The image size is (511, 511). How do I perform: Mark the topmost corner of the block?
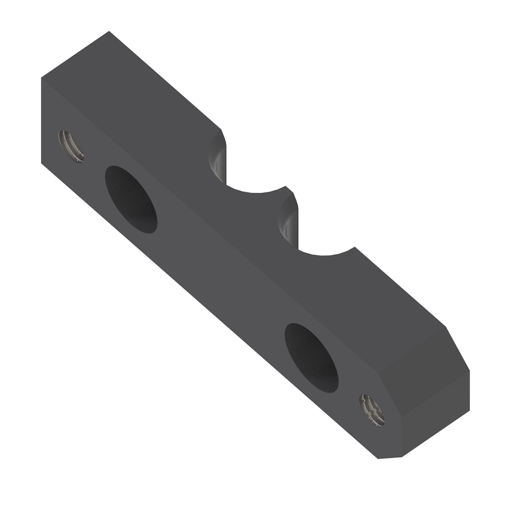click(x=109, y=32)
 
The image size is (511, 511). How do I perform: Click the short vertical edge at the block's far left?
click(x=41, y=119)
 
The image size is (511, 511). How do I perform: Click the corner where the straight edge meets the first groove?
click(x=221, y=128)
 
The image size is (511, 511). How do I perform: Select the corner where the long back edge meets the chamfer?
click(x=445, y=327)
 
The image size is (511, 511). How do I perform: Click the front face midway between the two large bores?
click(x=221, y=277)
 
